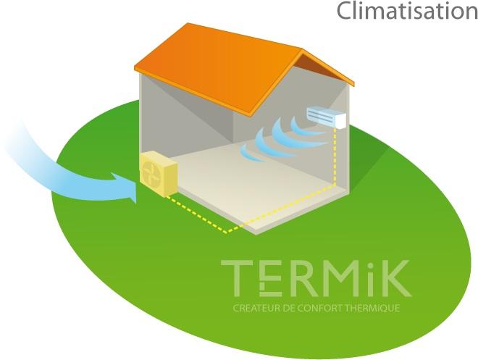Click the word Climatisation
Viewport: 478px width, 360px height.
(x=407, y=11)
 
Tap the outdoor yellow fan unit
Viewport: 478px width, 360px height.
(x=159, y=175)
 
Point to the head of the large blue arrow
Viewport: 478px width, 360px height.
(x=125, y=187)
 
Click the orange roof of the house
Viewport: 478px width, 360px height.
(x=244, y=69)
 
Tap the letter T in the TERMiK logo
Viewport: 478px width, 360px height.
(x=237, y=278)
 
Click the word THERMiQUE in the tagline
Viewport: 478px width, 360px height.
(x=373, y=308)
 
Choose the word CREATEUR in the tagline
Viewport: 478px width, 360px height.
(x=256, y=308)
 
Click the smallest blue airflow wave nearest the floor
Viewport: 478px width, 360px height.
(x=248, y=154)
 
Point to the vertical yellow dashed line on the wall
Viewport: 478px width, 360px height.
(x=335, y=156)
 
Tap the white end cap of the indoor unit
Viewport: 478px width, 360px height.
(x=341, y=121)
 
